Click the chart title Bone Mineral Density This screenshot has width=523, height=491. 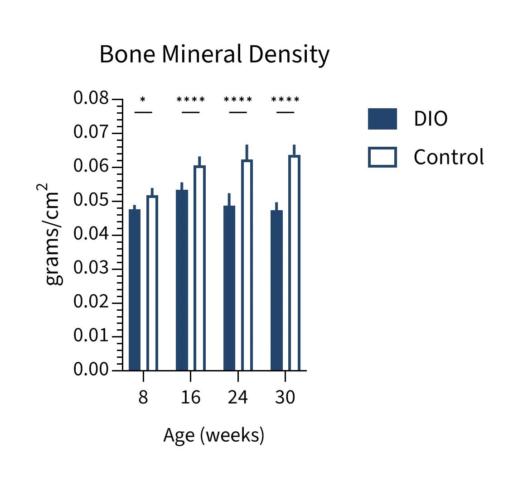214,54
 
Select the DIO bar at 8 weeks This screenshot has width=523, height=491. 135,290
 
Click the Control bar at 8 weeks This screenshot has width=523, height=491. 152,283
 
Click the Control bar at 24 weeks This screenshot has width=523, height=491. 247,265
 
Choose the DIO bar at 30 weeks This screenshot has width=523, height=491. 276,290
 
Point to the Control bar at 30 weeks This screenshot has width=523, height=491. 294,263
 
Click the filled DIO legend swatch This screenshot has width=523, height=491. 382,119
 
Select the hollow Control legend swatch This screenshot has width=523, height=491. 382,157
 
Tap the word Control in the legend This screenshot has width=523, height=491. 449,157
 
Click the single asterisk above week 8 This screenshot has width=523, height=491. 143,100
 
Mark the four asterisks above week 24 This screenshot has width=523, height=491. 238,100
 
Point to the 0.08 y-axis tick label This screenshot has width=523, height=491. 91,98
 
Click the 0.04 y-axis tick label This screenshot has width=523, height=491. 91,234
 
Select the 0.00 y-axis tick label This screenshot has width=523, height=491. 91,370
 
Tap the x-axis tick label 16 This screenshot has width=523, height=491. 190,397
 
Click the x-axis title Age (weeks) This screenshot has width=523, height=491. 213,435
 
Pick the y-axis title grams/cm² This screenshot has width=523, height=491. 53,234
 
